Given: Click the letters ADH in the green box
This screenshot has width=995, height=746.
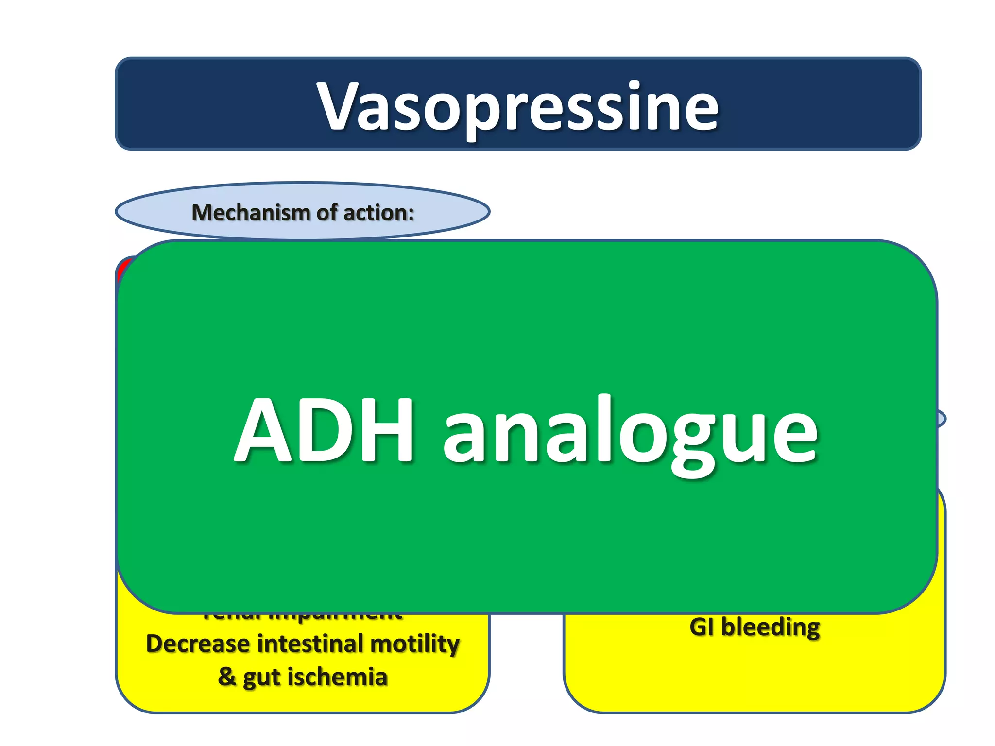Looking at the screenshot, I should point(324,430).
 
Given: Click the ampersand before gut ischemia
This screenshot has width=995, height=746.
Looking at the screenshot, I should point(227,676).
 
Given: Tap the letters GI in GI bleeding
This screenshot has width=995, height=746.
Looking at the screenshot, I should point(702,627).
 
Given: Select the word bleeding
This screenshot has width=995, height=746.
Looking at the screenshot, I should point(771,627).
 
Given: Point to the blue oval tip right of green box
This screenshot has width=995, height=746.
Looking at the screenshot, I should point(942,419).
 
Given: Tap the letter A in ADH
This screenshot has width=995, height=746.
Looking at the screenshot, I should point(263,430).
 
